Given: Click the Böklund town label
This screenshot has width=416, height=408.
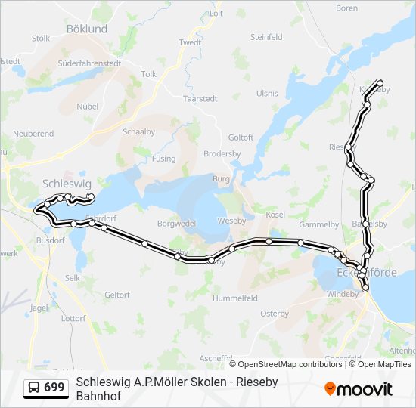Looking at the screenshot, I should [87, 28].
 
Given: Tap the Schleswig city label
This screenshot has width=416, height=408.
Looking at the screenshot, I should [67, 184].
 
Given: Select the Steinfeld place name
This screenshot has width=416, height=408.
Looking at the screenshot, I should [266, 37].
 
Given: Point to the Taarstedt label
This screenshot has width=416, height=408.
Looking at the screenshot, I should [200, 98].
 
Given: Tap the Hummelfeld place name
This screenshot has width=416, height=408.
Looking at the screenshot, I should [235, 298].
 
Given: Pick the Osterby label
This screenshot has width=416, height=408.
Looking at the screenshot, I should [275, 314].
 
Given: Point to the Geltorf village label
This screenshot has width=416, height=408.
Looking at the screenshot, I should [117, 295].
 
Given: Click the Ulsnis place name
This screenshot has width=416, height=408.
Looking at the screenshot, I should [267, 94].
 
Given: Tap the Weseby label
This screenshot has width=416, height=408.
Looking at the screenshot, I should [231, 221].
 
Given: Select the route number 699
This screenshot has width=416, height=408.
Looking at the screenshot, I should [54, 388].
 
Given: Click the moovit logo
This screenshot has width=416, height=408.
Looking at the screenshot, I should [359, 389].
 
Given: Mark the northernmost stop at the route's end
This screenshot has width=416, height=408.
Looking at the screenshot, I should [379, 82].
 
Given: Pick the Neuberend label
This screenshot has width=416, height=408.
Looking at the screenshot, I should [33, 134].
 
